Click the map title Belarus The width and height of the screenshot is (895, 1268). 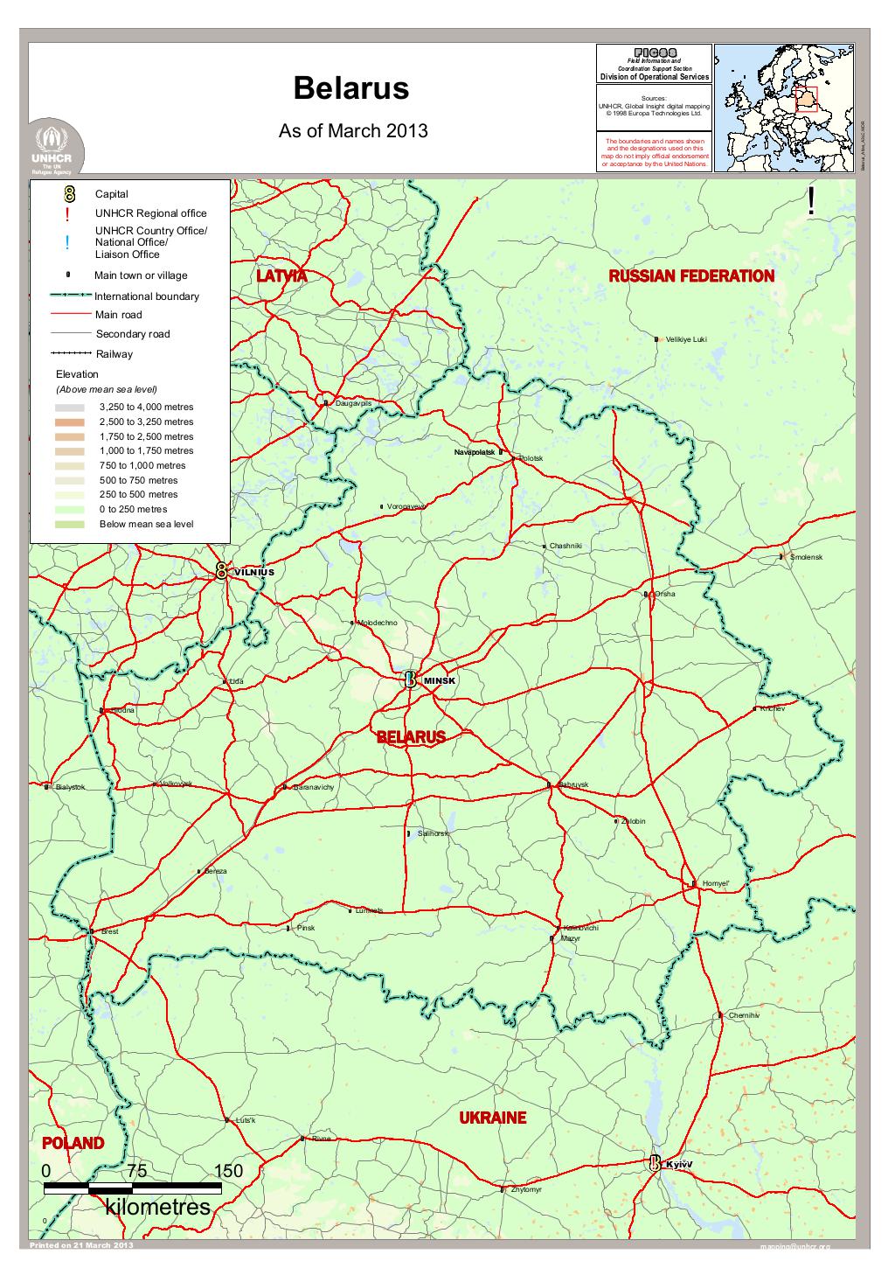click(350, 89)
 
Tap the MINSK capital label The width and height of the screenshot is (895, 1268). click(440, 680)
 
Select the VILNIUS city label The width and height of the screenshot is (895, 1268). click(254, 572)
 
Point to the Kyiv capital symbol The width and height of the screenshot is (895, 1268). click(655, 1164)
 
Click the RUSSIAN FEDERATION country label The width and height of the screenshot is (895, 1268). click(690, 276)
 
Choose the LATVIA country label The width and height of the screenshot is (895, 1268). click(282, 276)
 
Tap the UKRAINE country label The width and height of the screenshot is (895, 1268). click(493, 1118)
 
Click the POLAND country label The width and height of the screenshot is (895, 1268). click(73, 1143)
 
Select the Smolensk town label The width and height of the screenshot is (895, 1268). click(806, 557)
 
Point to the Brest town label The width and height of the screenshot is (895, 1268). click(109, 932)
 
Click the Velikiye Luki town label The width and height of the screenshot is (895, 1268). click(686, 339)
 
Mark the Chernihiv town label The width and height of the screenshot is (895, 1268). click(744, 1015)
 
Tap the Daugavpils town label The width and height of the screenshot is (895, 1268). click(353, 403)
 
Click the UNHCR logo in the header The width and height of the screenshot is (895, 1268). click(56, 147)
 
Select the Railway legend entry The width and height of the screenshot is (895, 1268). click(114, 354)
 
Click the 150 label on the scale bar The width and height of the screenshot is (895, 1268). click(228, 1171)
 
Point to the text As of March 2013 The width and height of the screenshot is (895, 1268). click(352, 131)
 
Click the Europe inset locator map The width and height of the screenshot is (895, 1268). click(784, 108)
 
